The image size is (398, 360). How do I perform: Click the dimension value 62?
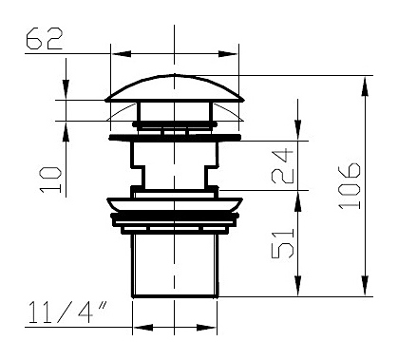tap(44, 39)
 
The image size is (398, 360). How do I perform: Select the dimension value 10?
tap(50, 180)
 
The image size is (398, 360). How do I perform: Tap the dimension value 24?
tap(282, 166)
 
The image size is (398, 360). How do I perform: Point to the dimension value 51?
tap(282, 243)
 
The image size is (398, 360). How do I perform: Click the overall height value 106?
tap(350, 186)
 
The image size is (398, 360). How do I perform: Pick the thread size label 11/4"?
tap(67, 313)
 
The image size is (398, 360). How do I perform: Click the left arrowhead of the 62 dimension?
tap(122, 53)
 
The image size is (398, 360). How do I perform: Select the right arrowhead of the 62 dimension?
tap(228, 53)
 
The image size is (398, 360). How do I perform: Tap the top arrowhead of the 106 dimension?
tap(365, 86)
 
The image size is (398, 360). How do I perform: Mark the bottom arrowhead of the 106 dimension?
tap(365, 287)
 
